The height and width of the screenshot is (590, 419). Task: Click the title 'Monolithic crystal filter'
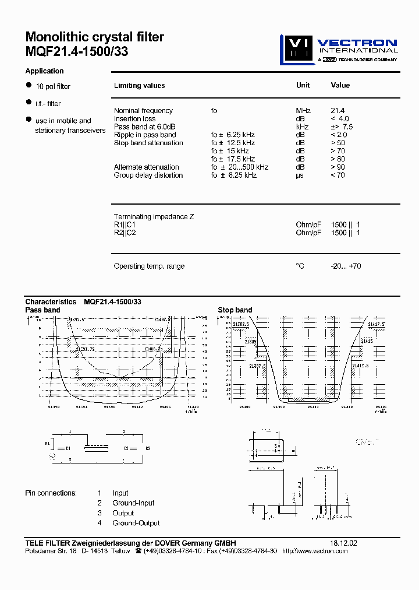tap(94, 37)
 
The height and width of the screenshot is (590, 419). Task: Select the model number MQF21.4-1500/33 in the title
tap(77, 51)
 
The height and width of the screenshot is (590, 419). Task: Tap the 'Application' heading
tap(44, 71)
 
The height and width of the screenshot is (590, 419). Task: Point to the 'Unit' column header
tap(303, 85)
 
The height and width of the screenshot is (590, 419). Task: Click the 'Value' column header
tap(340, 85)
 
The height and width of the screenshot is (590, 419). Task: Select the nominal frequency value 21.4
tap(338, 111)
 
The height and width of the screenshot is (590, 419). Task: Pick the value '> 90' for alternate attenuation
tap(338, 167)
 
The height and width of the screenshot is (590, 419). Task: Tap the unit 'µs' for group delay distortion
tap(300, 175)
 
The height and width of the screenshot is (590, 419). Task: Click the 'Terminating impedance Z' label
tap(154, 217)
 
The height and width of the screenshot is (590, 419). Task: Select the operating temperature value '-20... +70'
tap(346, 266)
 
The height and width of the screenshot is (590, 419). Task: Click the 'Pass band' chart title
tap(42, 310)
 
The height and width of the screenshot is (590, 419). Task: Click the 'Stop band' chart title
tap(235, 310)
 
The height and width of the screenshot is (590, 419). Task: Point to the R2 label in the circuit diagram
tap(148, 448)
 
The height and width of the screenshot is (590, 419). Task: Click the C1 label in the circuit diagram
tap(68, 448)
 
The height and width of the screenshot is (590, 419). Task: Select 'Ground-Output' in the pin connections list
tap(136, 523)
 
